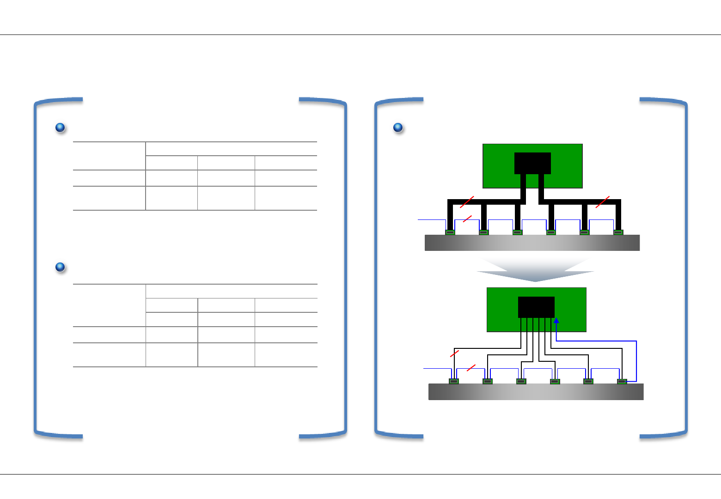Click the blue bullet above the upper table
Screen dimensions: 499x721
point(60,128)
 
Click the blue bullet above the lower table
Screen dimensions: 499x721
point(60,267)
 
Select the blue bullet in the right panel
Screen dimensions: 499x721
point(398,128)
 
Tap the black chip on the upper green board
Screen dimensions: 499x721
point(532,163)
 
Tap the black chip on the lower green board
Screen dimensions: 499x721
point(536,307)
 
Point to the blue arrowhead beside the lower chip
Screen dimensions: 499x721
point(556,320)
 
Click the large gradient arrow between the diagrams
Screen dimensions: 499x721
point(535,270)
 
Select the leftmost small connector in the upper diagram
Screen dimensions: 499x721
point(450,232)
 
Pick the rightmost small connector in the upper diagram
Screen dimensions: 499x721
point(618,232)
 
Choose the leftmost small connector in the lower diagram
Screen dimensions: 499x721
point(454,381)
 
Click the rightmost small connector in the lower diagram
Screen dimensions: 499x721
point(622,381)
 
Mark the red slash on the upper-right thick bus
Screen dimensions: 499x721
point(603,202)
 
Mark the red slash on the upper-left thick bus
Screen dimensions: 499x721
point(467,202)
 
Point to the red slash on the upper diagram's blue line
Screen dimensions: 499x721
point(467,219)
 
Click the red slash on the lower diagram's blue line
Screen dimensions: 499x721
point(471,368)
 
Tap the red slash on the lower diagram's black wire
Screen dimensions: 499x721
point(454,353)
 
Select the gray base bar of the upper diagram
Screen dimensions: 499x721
point(532,243)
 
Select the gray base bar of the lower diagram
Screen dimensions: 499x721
point(536,392)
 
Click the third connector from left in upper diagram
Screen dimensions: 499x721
point(518,232)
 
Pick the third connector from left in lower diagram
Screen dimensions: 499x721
point(521,381)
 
